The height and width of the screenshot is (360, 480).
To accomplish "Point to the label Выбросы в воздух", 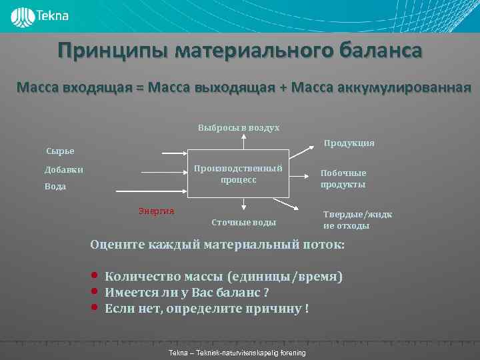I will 239,127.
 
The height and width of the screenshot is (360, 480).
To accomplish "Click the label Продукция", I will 349,143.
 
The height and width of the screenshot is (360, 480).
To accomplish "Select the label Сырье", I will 60,151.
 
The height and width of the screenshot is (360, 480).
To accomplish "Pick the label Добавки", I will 64,170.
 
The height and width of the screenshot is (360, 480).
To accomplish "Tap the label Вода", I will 55,187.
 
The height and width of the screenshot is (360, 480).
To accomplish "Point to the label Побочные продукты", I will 343,179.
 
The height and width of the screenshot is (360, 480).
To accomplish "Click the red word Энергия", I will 156,211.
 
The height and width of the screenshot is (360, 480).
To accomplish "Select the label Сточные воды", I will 243,222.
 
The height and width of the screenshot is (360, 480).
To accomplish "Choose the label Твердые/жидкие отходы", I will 357,220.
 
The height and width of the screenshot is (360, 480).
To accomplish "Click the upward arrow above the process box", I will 244,141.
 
